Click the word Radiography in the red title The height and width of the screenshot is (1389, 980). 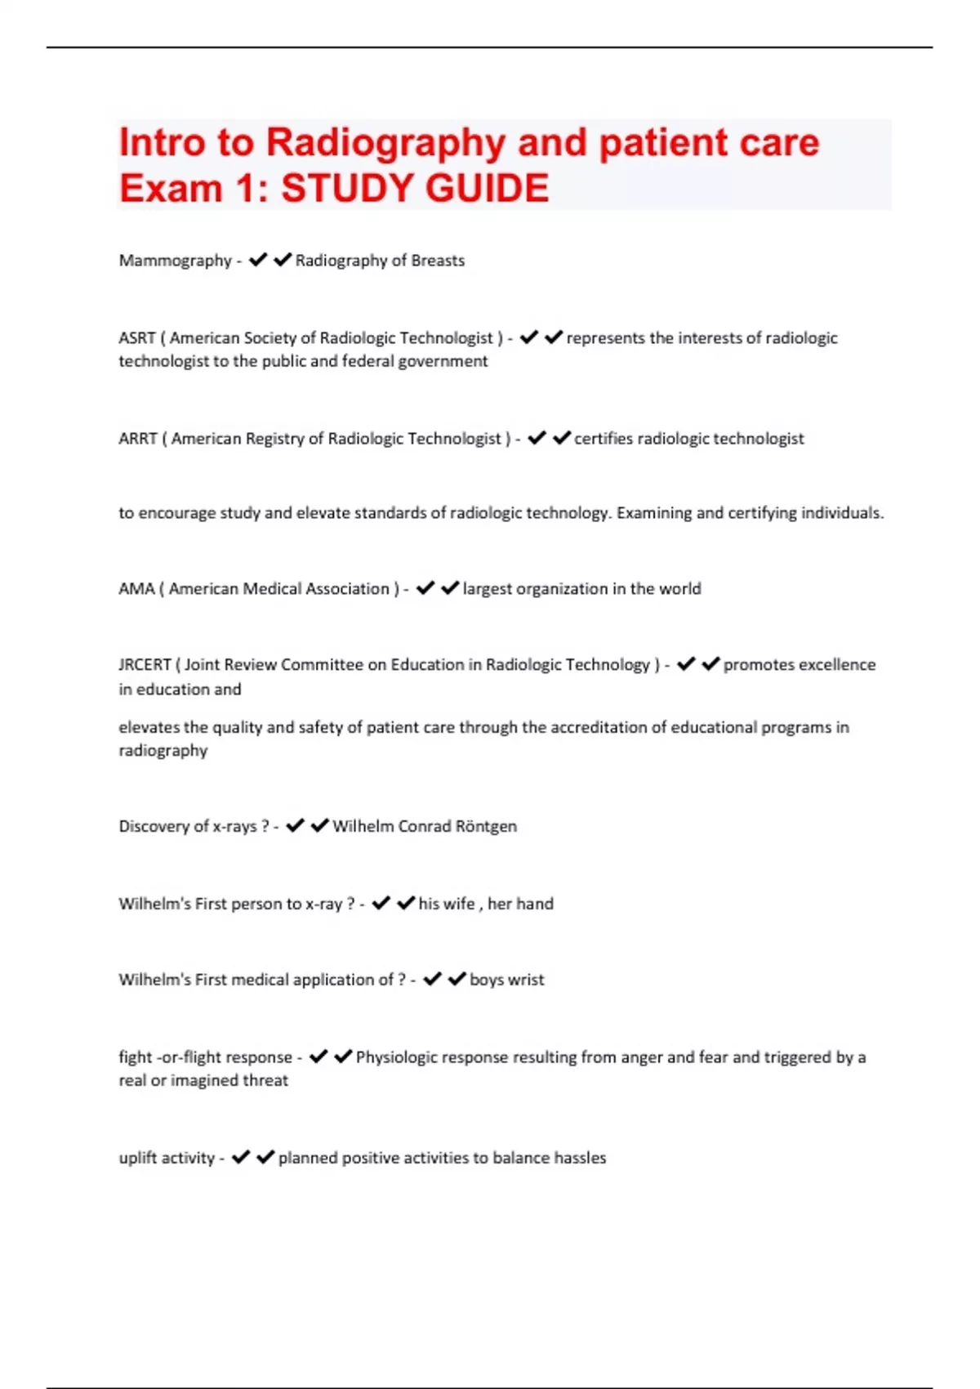click(385, 143)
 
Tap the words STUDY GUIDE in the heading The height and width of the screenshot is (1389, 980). click(415, 189)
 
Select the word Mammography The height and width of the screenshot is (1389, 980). click(176, 261)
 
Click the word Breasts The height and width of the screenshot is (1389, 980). click(438, 261)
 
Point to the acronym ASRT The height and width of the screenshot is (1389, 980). click(136, 338)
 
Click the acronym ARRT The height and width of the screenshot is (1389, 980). click(137, 439)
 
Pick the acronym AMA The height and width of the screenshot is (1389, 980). click(136, 589)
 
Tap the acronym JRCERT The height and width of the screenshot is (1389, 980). click(145, 665)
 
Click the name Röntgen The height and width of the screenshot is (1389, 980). click(486, 827)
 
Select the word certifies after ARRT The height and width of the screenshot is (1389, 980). click(604, 439)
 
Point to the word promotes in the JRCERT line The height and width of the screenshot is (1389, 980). click(758, 665)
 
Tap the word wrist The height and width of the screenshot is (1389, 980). click(525, 980)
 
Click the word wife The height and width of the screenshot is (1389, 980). click(458, 904)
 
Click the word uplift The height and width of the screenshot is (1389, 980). click(136, 1158)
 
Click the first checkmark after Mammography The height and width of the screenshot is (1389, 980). click(258, 260)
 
